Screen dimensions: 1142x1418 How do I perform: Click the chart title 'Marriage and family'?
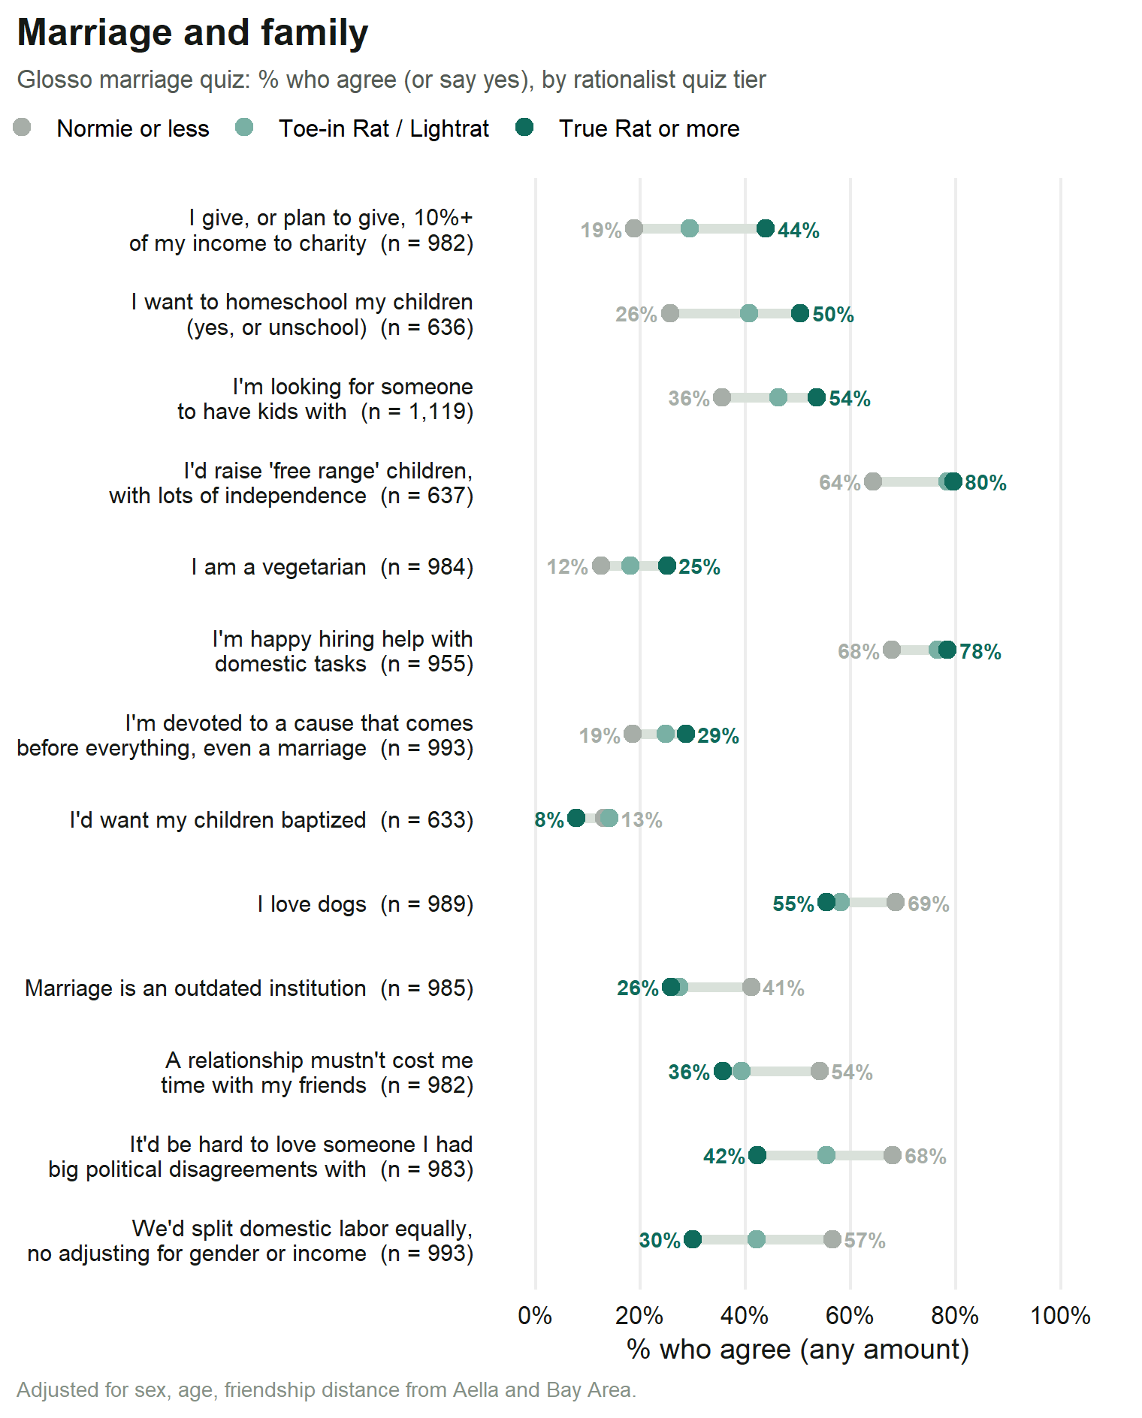pyautogui.click(x=192, y=33)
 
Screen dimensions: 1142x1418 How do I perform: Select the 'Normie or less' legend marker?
pyautogui.click(x=22, y=128)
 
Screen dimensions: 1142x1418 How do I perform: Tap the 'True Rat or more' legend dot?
pyautogui.click(x=524, y=128)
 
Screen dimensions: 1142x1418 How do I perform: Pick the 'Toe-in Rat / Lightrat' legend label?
pyautogui.click(x=384, y=128)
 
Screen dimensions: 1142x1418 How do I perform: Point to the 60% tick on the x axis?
pyautogui.click(x=850, y=1315)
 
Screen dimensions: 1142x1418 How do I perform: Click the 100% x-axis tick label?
pyautogui.click(x=1060, y=1315)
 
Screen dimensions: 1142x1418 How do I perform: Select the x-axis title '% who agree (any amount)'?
pyautogui.click(x=798, y=1350)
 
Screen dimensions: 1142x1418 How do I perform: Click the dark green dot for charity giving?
pyautogui.click(x=766, y=229)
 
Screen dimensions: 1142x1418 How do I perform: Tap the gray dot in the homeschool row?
pyautogui.click(x=670, y=313)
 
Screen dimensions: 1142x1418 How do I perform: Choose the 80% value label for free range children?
pyautogui.click(x=986, y=482)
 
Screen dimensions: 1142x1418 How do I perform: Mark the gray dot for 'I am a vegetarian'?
pyautogui.click(x=601, y=566)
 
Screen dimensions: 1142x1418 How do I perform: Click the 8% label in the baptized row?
pyautogui.click(x=549, y=819)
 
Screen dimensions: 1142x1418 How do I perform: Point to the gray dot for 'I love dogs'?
pyautogui.click(x=895, y=902)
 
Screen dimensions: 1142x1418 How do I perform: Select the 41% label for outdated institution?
pyautogui.click(x=784, y=988)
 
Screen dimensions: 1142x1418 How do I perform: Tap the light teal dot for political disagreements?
pyautogui.click(x=826, y=1155)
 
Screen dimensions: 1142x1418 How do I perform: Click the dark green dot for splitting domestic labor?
pyautogui.click(x=693, y=1239)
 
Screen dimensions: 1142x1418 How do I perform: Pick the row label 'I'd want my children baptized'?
pyautogui.click(x=218, y=819)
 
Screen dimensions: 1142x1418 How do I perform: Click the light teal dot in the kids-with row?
pyautogui.click(x=778, y=397)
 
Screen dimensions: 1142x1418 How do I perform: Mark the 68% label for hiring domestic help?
pyautogui.click(x=859, y=651)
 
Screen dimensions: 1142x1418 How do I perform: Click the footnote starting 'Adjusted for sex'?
pyautogui.click(x=327, y=1389)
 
